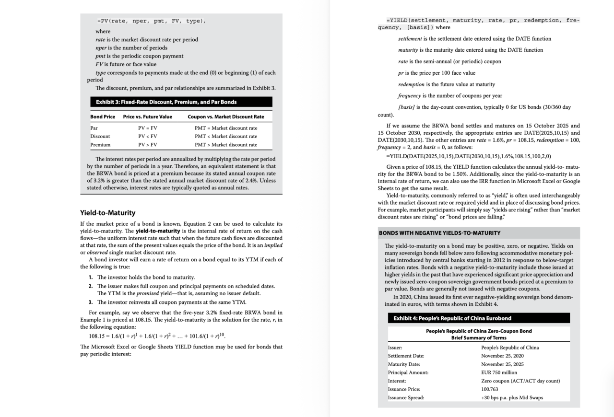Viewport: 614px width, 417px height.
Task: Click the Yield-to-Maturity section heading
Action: (x=107, y=212)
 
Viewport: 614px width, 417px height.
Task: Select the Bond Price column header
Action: (x=103, y=117)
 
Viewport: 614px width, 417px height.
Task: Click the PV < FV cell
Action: (x=147, y=136)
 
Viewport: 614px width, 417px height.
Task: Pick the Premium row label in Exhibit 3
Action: (x=100, y=144)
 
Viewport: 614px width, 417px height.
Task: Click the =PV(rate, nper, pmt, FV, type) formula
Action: (x=152, y=21)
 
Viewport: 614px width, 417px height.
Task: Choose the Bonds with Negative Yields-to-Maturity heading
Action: (x=439, y=233)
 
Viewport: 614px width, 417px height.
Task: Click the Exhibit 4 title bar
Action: (x=452, y=318)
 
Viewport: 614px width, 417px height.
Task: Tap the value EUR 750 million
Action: (x=499, y=372)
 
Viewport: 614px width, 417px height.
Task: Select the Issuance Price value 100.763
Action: (x=490, y=389)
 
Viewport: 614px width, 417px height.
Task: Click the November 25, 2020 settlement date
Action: (x=502, y=356)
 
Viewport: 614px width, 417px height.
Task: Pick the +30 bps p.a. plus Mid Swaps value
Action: (x=512, y=397)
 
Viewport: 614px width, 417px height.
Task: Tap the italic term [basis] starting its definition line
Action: (x=409, y=107)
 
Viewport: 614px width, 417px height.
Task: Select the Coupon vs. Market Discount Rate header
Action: (x=225, y=117)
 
